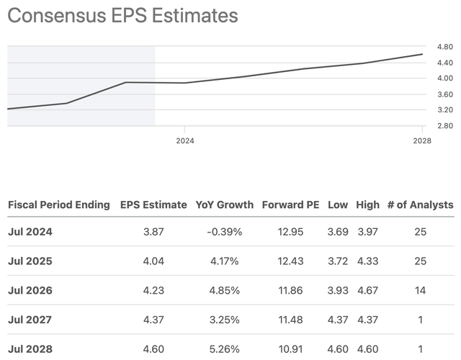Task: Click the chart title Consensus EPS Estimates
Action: (x=122, y=16)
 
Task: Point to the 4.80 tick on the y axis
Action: (x=445, y=47)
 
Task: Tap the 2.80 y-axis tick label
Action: (x=445, y=126)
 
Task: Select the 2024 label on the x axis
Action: (x=185, y=141)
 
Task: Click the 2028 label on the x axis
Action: (x=422, y=141)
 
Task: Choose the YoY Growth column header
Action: (x=225, y=204)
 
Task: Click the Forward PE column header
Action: (x=290, y=204)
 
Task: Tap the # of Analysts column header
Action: (x=421, y=204)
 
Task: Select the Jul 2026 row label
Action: (x=30, y=291)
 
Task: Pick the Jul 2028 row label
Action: (x=30, y=349)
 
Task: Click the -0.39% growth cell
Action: (x=225, y=232)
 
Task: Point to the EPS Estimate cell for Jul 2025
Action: (x=153, y=261)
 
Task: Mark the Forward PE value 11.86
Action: (x=290, y=291)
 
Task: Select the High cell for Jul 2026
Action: (x=368, y=291)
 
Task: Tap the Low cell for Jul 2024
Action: (x=338, y=232)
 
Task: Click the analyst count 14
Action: (x=420, y=291)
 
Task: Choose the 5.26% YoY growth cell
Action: (x=225, y=349)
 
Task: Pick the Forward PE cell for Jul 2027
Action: (x=290, y=320)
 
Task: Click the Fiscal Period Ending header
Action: (x=59, y=204)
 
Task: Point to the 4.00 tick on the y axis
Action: (x=445, y=78)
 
